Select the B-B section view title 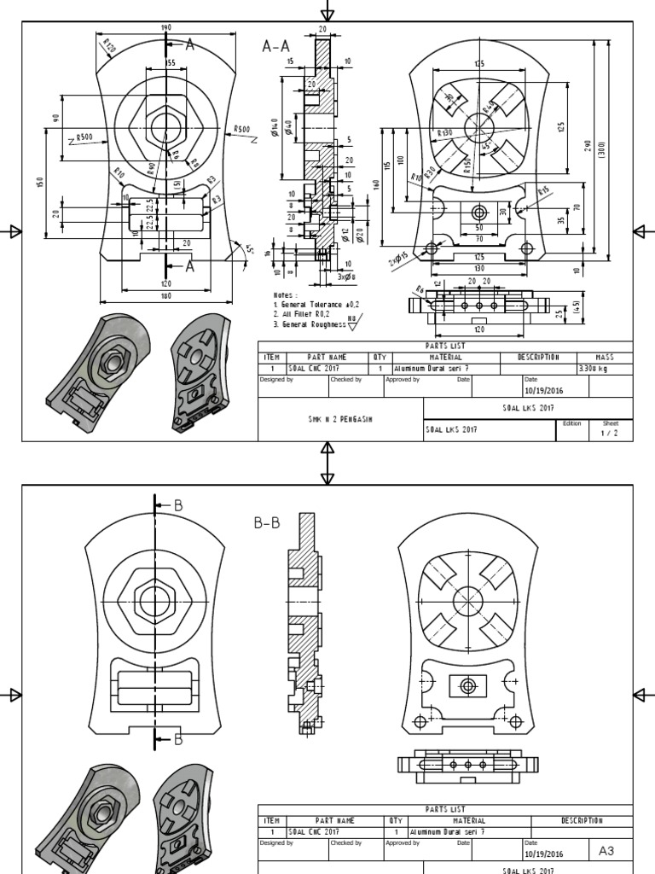pos(267,523)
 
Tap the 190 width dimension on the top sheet pos(165,28)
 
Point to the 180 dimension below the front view pos(165,296)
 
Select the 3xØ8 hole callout pos(345,277)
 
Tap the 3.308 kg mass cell pos(594,369)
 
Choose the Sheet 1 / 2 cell pos(611,428)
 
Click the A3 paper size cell pos(606,851)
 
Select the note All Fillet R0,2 pos(300,314)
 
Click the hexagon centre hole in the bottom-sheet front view pos(154,597)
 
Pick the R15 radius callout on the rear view pos(542,190)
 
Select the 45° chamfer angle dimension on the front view pos(248,249)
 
